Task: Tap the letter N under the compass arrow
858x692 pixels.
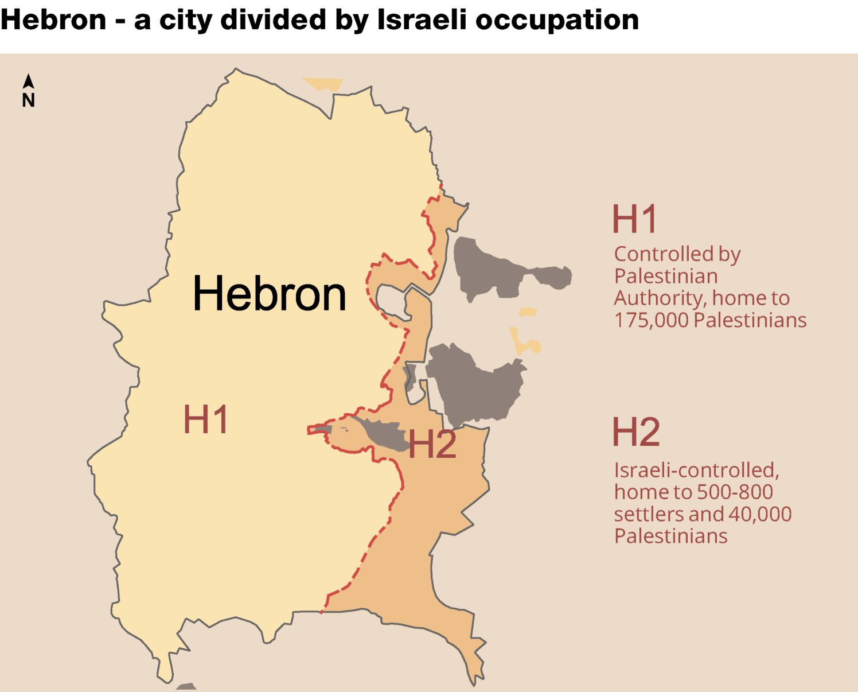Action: pyautogui.click(x=28, y=100)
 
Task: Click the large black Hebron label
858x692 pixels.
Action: pyautogui.click(x=270, y=294)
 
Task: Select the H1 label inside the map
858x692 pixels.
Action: pyautogui.click(x=206, y=419)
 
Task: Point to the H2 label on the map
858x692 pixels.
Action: pyautogui.click(x=432, y=444)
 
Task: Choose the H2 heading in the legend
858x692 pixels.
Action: pyautogui.click(x=636, y=432)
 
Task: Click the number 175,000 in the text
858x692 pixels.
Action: pyautogui.click(x=651, y=320)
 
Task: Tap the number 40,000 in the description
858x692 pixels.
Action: pyautogui.click(x=760, y=514)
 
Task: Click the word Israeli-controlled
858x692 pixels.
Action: pyautogui.click(x=696, y=470)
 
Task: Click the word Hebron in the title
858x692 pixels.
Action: pyautogui.click(x=53, y=20)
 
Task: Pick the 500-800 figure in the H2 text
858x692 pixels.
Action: pyautogui.click(x=734, y=492)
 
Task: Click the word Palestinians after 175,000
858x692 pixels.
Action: pyautogui.click(x=750, y=320)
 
